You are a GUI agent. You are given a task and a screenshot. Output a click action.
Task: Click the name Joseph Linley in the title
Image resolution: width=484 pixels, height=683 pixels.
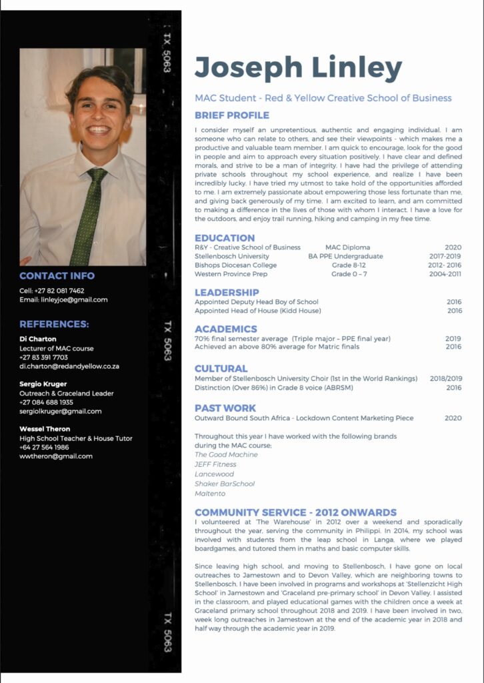[x=298, y=68]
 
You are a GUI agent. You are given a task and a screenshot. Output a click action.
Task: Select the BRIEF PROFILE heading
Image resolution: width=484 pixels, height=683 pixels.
[x=232, y=115]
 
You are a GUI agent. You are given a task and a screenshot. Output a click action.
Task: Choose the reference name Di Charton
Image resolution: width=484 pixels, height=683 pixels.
[x=38, y=339]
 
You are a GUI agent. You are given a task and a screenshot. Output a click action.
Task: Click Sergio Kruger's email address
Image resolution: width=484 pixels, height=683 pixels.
[x=61, y=412]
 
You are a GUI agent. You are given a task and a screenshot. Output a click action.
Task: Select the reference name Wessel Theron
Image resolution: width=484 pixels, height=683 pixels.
[x=45, y=429]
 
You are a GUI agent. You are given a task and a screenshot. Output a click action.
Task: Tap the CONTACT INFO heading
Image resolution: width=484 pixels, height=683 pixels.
[x=57, y=275]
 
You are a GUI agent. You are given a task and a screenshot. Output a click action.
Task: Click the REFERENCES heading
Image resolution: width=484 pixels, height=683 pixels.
[x=54, y=325]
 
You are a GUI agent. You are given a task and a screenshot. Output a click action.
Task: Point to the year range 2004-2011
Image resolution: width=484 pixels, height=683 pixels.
[x=445, y=274]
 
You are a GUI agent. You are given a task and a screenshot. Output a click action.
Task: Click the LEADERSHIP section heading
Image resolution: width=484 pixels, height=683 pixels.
[x=227, y=292]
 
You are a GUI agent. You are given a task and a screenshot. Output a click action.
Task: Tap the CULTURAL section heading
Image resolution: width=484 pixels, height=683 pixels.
[x=221, y=368]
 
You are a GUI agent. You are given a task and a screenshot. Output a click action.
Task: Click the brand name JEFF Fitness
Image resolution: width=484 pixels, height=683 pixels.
[x=215, y=464]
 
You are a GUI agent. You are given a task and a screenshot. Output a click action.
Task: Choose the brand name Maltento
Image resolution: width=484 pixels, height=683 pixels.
[x=210, y=494]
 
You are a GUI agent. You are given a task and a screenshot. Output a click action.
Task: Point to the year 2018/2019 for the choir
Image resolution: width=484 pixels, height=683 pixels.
[x=445, y=378]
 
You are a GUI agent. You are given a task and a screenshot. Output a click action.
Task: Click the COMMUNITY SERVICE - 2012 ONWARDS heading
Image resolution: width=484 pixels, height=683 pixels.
[x=295, y=512]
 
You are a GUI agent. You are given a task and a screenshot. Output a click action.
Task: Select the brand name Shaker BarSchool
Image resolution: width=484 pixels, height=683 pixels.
[x=225, y=484]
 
